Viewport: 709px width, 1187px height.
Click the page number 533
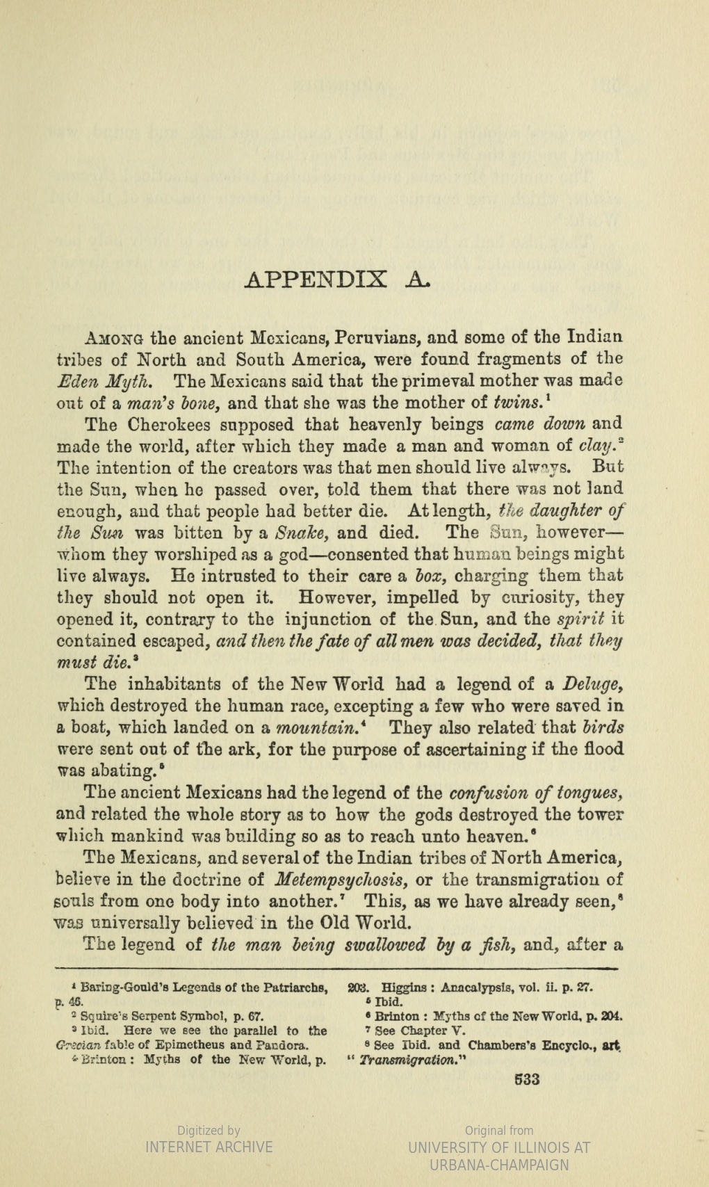(526, 1080)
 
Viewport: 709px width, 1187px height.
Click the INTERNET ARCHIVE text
(209, 1147)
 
